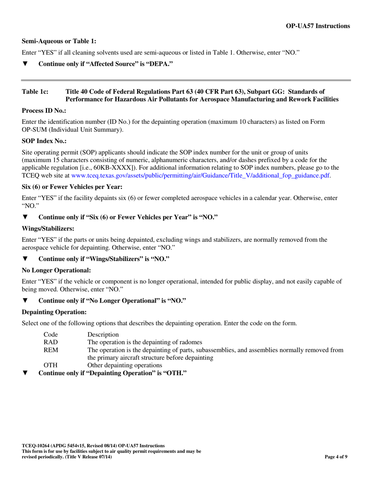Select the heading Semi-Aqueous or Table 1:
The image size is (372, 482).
(59, 41)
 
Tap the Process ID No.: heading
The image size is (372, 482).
(44, 111)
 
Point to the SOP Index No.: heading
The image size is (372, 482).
(44, 140)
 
